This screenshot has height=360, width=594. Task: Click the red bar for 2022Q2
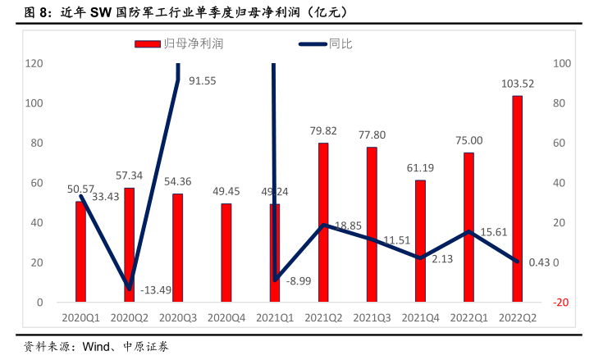[517, 198]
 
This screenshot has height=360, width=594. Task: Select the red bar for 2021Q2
[323, 222]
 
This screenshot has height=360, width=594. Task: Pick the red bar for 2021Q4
[420, 241]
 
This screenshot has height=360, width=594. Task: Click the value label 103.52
[518, 84]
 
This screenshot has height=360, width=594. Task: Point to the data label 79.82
[323, 131]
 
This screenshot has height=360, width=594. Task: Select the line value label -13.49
[156, 290]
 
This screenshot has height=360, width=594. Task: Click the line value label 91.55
[202, 80]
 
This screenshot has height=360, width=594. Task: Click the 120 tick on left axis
[34, 63]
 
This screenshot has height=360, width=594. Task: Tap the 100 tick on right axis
[562, 63]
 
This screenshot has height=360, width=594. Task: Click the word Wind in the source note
[96, 347]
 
